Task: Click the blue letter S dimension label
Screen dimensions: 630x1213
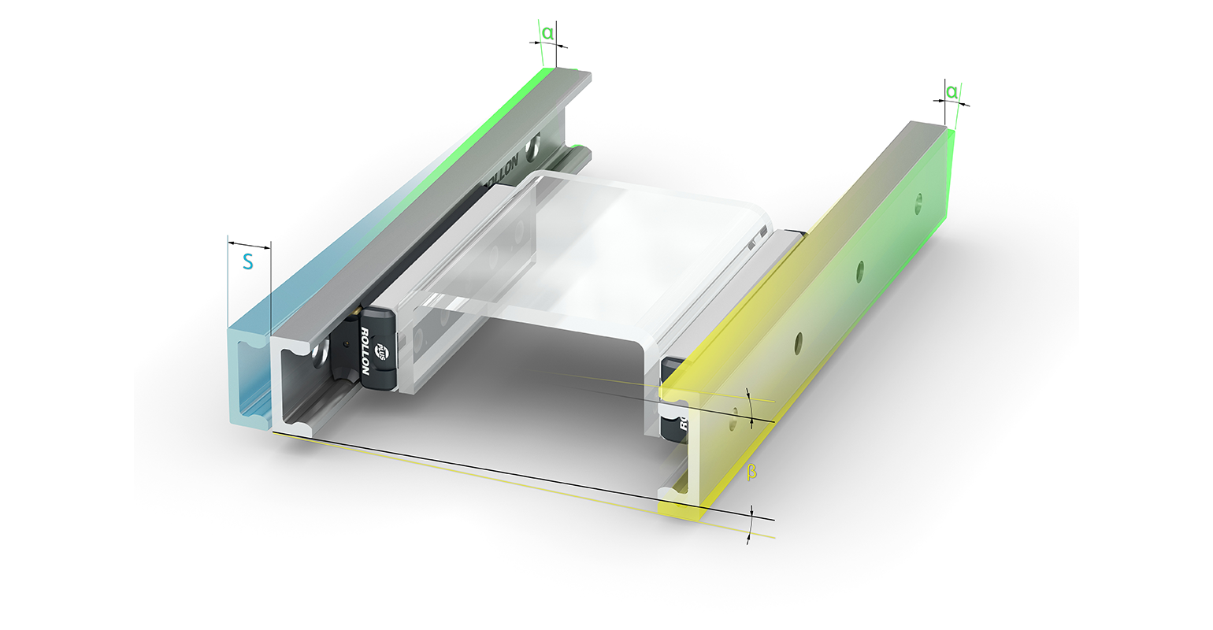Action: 247,262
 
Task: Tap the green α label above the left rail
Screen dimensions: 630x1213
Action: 547,34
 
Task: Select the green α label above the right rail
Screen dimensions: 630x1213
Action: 951,92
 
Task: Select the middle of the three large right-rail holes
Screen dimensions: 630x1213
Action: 861,267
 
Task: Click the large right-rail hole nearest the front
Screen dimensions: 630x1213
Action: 799,341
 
